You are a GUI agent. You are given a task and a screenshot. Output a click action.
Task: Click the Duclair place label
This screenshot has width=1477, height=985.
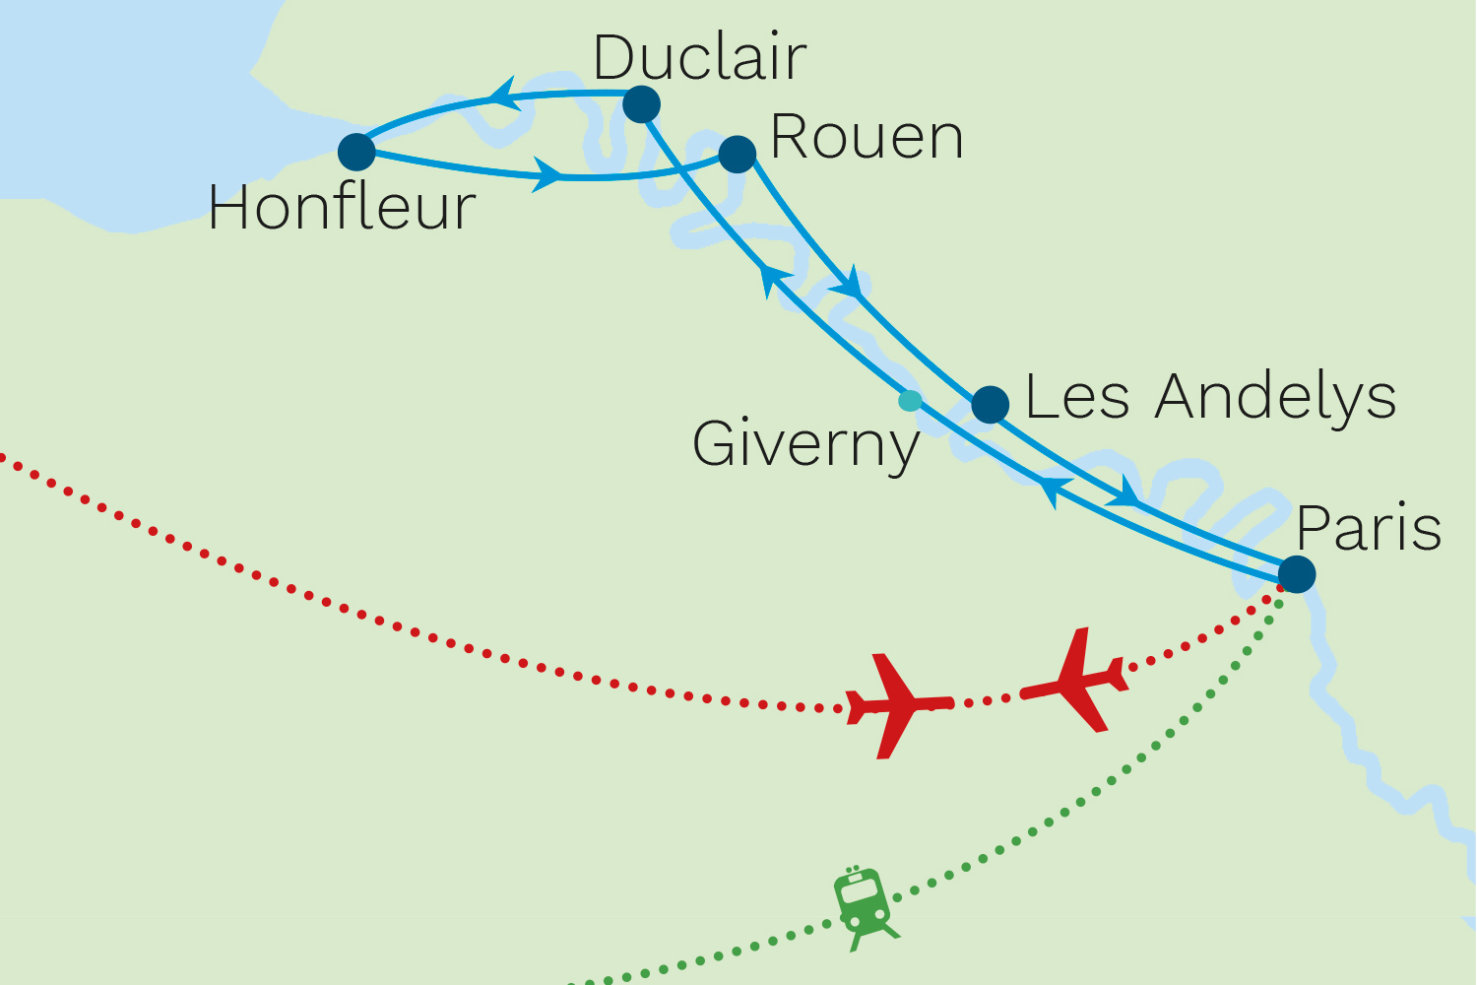(x=699, y=58)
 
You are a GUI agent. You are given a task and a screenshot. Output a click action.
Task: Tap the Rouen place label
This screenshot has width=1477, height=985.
(x=866, y=137)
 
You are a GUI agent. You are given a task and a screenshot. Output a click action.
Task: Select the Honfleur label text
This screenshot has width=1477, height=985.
(x=342, y=208)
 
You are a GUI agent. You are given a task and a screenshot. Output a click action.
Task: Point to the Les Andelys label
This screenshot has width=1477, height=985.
(x=1210, y=397)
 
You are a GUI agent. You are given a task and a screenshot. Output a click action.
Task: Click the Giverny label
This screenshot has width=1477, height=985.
(x=805, y=444)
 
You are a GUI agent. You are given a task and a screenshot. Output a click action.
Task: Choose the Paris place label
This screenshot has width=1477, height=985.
(x=1369, y=528)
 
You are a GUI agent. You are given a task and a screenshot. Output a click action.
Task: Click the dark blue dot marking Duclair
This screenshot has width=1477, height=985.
(x=641, y=103)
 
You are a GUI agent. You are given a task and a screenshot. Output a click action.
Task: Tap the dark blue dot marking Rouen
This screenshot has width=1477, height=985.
(x=738, y=154)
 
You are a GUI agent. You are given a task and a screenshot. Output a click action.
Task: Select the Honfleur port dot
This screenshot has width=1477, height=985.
(x=356, y=153)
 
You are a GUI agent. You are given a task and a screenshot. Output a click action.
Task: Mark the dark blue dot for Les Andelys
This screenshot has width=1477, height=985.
(x=990, y=404)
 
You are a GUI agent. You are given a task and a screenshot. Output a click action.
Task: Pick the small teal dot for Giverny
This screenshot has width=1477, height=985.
(x=911, y=401)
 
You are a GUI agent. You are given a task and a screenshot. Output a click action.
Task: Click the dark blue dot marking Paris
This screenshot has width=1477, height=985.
(x=1296, y=573)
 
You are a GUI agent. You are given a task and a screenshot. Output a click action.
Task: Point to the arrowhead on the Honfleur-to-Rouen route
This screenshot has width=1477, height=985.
(x=547, y=175)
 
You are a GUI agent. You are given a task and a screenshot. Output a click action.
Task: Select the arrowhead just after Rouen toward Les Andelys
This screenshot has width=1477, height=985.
(x=849, y=285)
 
